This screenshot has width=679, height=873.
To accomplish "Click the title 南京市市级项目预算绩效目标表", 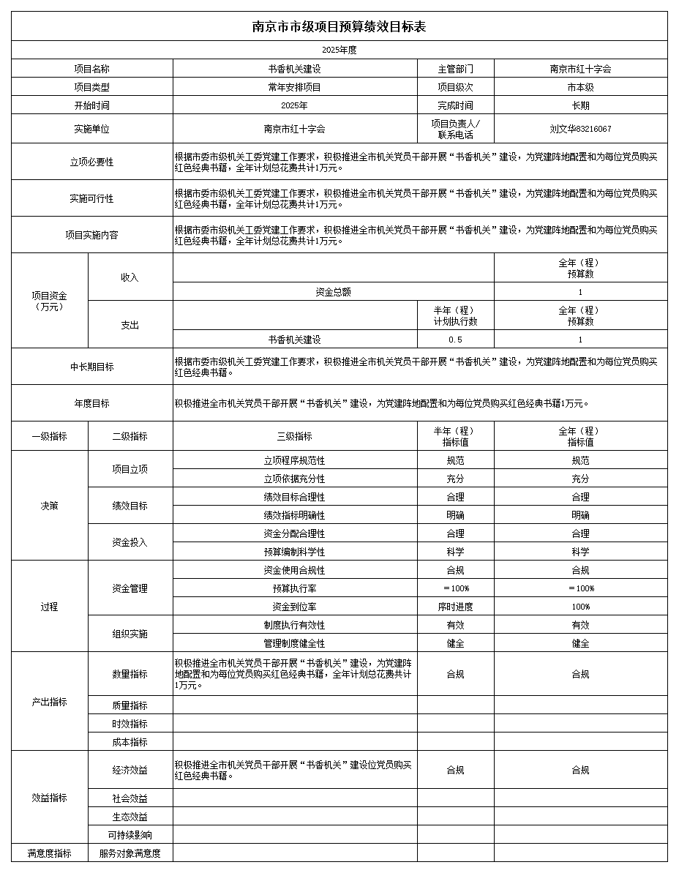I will pyautogui.click(x=339, y=27).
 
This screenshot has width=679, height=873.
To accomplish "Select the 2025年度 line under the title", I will pyautogui.click(x=339, y=50).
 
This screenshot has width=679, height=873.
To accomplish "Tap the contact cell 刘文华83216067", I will pyautogui.click(x=580, y=129).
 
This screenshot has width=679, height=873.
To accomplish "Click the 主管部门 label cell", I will pyautogui.click(x=455, y=69).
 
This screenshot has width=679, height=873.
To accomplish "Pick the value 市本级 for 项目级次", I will pyautogui.click(x=580, y=87).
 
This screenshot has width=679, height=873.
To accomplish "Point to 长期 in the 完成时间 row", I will pyautogui.click(x=580, y=105).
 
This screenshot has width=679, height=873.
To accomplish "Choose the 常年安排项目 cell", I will pyautogui.click(x=294, y=87).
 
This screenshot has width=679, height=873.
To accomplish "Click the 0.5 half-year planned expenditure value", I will pyautogui.click(x=455, y=340).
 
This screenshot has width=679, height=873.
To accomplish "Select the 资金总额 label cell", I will pyautogui.click(x=333, y=292).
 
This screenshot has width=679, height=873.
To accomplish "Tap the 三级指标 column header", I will pyautogui.click(x=294, y=436).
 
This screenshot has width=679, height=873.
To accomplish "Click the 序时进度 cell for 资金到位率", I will pyautogui.click(x=455, y=607).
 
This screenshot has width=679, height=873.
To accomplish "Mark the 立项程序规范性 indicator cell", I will pyautogui.click(x=294, y=460).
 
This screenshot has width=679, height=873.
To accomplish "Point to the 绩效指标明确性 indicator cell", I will pyautogui.click(x=294, y=515).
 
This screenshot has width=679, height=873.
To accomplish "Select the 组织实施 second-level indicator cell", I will pyautogui.click(x=130, y=634).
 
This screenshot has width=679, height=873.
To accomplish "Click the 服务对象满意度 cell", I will pyautogui.click(x=130, y=853).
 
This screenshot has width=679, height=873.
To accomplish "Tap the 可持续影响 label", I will pyautogui.click(x=130, y=835).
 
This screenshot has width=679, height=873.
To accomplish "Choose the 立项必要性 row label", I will pyautogui.click(x=91, y=162).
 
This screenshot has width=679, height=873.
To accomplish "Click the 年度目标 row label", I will pyautogui.click(x=91, y=403).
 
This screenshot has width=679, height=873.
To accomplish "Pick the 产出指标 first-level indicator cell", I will pyautogui.click(x=49, y=702).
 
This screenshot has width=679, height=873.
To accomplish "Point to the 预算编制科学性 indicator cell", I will pyautogui.click(x=294, y=552).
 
